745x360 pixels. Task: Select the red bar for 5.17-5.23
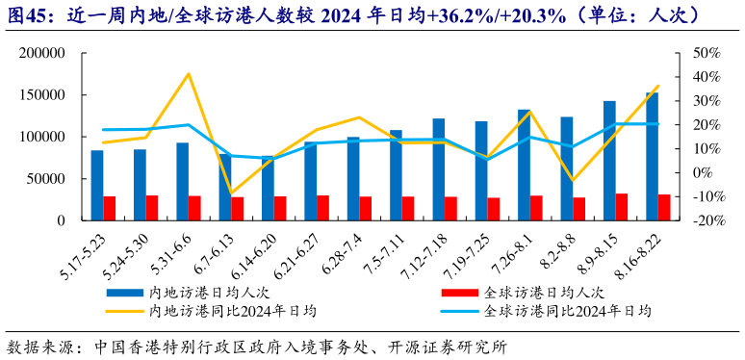tap(110, 208)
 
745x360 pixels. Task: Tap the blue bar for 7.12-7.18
tap(439, 169)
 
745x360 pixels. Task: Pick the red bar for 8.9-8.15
tap(622, 207)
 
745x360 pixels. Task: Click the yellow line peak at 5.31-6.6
tap(189, 74)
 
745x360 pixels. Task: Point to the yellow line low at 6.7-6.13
tap(231, 193)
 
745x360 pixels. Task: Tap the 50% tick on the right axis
tap(706, 53)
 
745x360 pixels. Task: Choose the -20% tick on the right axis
tap(706, 220)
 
